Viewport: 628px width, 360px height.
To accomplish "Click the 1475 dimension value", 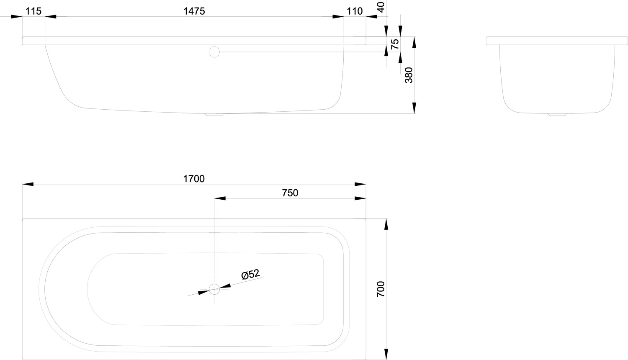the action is click(194, 11).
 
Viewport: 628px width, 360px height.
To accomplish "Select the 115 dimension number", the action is click(33, 11).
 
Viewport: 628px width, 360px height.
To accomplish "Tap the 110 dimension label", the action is click(355, 11).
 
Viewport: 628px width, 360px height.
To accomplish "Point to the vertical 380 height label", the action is click(409, 75).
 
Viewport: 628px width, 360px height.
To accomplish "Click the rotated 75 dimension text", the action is click(395, 44).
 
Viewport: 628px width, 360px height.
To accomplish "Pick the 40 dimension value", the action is click(381, 7).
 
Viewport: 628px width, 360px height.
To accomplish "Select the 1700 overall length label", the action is click(194, 179).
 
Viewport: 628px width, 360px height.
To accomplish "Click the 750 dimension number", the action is click(290, 193).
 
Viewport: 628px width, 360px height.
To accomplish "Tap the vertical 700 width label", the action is click(381, 289).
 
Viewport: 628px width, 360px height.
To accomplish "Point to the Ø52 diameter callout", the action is click(250, 275).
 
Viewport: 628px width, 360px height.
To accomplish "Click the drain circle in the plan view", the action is click(214, 289).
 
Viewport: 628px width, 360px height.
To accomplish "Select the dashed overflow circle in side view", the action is click(214, 52).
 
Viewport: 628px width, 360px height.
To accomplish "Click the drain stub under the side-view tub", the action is click(214, 115).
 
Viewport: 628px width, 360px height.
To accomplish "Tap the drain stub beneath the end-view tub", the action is click(557, 115).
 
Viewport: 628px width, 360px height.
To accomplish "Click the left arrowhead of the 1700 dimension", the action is click(28, 184).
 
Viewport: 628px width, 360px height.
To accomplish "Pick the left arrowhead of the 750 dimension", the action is click(220, 198).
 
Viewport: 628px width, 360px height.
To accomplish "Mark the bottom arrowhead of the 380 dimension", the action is click(414, 108).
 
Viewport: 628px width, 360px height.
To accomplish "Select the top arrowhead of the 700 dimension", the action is click(386, 224).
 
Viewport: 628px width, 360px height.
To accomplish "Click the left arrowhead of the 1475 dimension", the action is click(51, 17).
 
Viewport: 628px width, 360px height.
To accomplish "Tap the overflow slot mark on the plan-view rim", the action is click(214, 233).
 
